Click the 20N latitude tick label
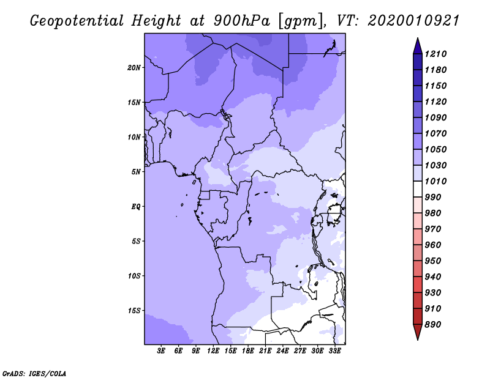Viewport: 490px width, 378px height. point(134,68)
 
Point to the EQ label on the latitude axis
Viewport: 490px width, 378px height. point(135,207)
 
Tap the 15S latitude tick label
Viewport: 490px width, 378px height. point(134,311)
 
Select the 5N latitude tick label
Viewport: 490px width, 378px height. point(136,172)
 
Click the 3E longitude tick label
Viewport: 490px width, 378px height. point(161,351)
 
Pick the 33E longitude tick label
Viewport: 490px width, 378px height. point(334,351)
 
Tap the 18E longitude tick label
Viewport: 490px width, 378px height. point(248,351)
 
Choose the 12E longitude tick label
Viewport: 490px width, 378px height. point(213,351)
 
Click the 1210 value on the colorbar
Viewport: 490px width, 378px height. point(435,54)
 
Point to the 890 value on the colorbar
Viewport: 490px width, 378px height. point(433,325)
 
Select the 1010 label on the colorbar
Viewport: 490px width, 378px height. point(435,181)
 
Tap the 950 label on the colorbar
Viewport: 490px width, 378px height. point(433,261)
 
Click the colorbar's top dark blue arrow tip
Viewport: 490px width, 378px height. point(418,38)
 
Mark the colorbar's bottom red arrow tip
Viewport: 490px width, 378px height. point(418,339)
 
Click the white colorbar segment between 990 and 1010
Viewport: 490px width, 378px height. point(418,189)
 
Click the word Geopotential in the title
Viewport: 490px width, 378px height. point(77,21)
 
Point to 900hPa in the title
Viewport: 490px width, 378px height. point(241,21)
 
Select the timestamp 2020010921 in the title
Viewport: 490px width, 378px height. point(413,21)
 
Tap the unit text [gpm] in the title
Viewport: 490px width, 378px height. point(301,21)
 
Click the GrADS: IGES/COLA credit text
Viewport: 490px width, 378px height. point(34,374)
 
